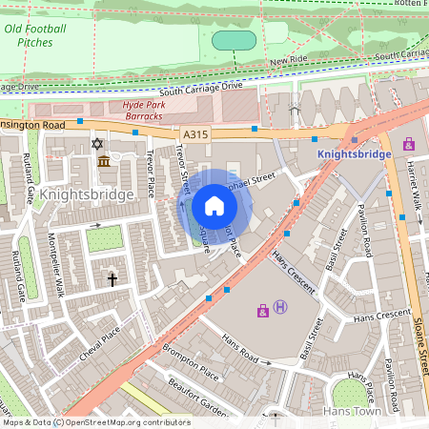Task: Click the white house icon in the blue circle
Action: click(x=214, y=206)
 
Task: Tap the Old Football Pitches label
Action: click(x=35, y=36)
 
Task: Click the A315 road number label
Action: click(x=195, y=135)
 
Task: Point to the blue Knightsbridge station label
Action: click(x=353, y=153)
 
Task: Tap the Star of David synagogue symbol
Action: click(x=95, y=143)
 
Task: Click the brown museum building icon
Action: click(x=103, y=161)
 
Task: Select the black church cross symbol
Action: click(x=112, y=279)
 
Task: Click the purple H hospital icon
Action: click(x=280, y=306)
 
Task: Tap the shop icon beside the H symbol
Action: click(x=262, y=310)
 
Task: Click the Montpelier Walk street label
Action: click(x=56, y=271)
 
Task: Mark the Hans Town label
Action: click(x=353, y=411)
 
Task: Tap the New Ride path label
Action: click(x=288, y=60)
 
